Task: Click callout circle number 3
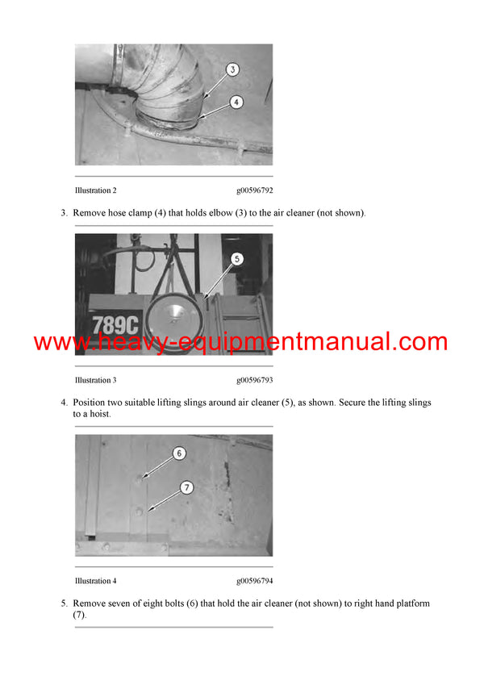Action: click(x=232, y=70)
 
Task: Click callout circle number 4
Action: click(x=236, y=102)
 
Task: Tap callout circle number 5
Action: click(x=236, y=259)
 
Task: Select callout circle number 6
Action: click(x=180, y=453)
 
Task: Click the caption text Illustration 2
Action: click(x=95, y=190)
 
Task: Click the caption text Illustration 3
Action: click(x=95, y=380)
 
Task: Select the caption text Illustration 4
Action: click(x=95, y=581)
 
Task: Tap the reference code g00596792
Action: click(x=254, y=190)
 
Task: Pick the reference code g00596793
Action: click(x=254, y=380)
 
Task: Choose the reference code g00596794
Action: click(x=254, y=581)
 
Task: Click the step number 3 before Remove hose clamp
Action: click(x=63, y=213)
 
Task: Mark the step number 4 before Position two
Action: click(x=63, y=402)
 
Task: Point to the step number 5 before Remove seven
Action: click(x=63, y=604)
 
